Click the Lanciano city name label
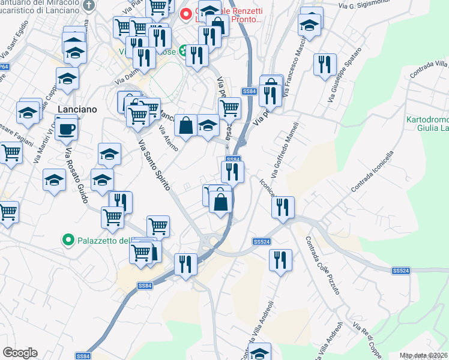(76, 109)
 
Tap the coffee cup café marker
(66, 128)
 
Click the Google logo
(20, 353)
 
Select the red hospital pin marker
(187, 12)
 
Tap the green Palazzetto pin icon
(69, 241)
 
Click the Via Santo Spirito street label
(155, 165)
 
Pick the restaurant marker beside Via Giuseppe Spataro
(325, 64)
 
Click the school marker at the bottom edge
(260, 352)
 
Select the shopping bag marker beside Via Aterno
(186, 126)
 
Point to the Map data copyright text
(424, 355)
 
